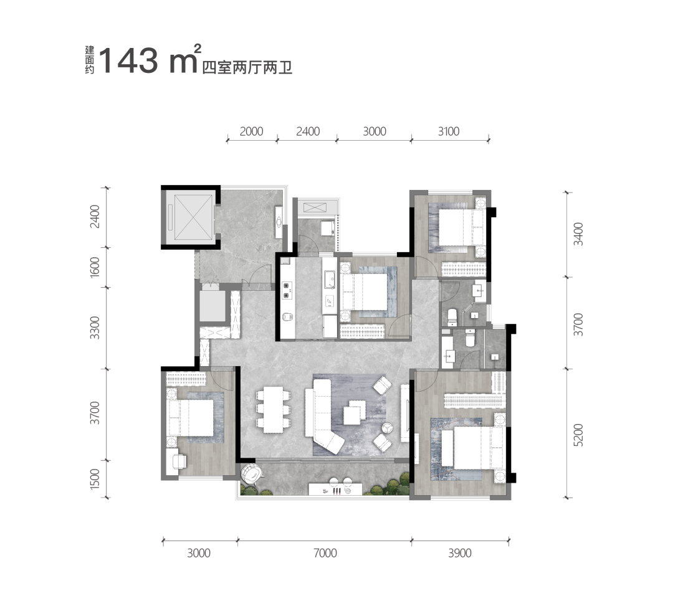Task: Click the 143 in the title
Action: tap(129, 60)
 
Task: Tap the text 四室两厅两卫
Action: tap(247, 68)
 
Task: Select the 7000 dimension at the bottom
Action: tap(325, 553)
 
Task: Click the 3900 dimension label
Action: tap(460, 553)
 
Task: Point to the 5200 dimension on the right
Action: tap(578, 435)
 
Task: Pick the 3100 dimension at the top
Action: tap(449, 131)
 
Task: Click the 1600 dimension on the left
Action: tap(95, 267)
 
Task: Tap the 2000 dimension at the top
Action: tap(251, 131)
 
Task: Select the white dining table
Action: tap(274, 410)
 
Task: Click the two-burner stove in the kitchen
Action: tap(287, 290)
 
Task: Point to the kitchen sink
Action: tap(329, 280)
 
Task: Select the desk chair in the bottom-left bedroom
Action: tap(179, 461)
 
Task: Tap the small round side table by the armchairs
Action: tap(388, 428)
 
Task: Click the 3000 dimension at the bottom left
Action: tap(199, 553)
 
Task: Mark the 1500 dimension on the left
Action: tap(95, 478)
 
